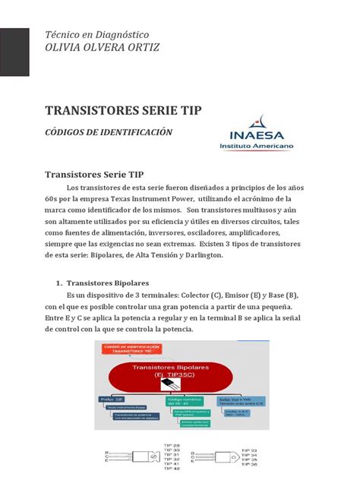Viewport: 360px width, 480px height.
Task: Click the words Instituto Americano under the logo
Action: [260, 144]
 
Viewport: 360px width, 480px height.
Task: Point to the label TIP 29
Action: [173, 445]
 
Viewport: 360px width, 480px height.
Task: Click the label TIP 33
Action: [257, 450]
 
